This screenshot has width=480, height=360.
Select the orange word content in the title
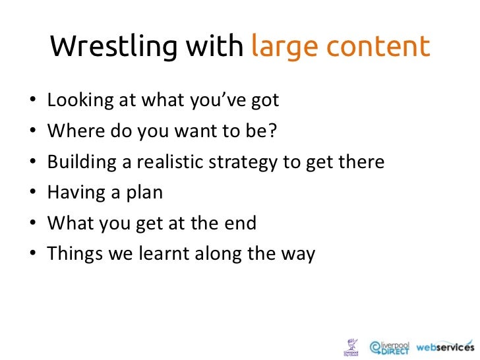376,47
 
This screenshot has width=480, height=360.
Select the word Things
71,255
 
